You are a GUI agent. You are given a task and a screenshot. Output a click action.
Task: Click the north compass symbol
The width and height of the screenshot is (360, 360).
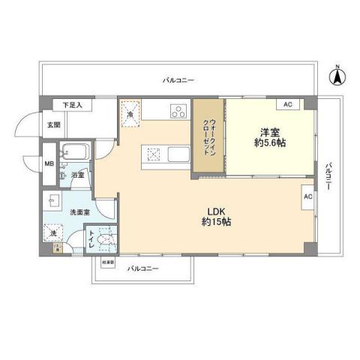[337, 76]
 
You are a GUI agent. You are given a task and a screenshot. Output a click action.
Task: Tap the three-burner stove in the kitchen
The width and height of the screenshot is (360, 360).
[179, 113]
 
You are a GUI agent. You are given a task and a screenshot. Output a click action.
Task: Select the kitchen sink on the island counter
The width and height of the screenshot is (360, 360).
[179, 156]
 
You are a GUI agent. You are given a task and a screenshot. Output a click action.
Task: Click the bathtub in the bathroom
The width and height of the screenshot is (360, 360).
[74, 153]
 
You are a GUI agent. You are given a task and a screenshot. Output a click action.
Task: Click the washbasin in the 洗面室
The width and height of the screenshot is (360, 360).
[54, 199]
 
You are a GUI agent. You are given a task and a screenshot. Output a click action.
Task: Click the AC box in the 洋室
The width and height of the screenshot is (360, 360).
[289, 104]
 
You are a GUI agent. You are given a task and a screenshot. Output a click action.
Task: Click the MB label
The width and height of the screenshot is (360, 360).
[49, 163]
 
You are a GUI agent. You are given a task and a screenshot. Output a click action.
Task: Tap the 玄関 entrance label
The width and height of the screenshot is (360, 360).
[53, 124]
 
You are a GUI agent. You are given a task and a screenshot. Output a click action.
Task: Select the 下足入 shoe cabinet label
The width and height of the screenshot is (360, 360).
[72, 105]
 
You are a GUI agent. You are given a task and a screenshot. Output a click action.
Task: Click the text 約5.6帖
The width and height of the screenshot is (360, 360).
[269, 142]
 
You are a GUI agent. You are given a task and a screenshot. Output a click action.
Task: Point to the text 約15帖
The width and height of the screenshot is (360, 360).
[214, 222]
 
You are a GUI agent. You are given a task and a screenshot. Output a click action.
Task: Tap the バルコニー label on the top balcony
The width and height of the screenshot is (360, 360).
[178, 79]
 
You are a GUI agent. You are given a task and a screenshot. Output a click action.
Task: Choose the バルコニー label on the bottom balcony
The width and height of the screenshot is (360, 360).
[142, 268]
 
